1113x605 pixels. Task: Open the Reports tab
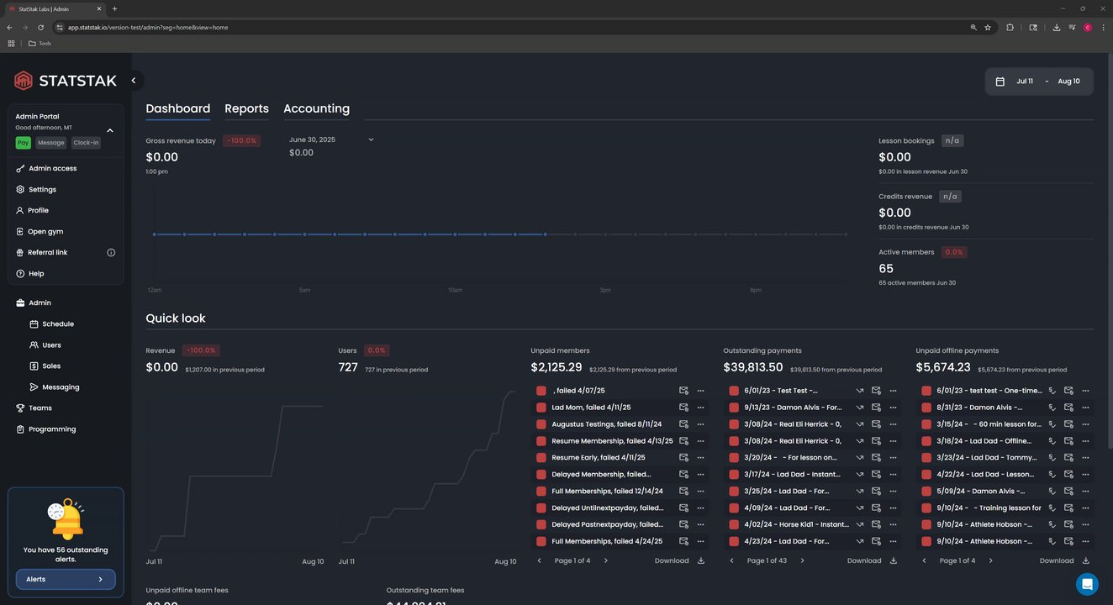(x=246, y=109)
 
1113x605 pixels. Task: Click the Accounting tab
(x=316, y=109)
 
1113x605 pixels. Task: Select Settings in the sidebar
(x=42, y=190)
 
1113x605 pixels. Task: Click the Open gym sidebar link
(x=45, y=232)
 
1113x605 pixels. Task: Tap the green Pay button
(x=23, y=143)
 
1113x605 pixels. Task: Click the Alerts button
(x=66, y=579)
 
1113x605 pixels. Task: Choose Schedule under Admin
(x=57, y=324)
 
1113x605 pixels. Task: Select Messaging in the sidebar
(x=60, y=387)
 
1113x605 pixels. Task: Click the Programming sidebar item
(x=51, y=429)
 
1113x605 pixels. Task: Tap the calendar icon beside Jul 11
(x=1000, y=82)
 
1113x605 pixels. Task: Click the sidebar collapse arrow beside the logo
(x=134, y=81)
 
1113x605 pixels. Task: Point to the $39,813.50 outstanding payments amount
(x=753, y=368)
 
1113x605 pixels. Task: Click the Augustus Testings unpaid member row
(x=606, y=424)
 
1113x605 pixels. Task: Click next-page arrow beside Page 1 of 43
(x=802, y=560)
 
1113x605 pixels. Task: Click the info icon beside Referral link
(x=111, y=253)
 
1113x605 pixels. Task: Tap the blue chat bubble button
(x=1087, y=584)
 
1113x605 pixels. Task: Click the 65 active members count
(x=886, y=269)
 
